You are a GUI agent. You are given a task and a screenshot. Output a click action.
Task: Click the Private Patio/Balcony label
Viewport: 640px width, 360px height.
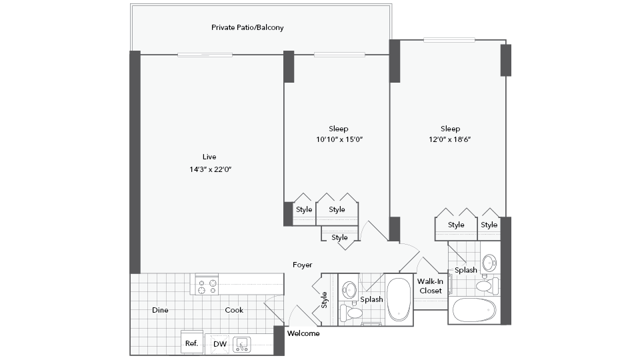coord(247,28)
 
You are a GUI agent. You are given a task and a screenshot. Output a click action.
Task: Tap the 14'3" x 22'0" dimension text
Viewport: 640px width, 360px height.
coord(210,169)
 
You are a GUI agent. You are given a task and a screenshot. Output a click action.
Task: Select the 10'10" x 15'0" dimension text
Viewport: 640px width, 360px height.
coord(339,139)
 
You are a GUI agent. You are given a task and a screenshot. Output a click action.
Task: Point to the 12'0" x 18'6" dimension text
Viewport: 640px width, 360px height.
coord(450,139)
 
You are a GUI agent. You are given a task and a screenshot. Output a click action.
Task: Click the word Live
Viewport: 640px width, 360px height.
coord(209,157)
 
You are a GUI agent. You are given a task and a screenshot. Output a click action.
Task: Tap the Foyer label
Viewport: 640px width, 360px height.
coord(303,265)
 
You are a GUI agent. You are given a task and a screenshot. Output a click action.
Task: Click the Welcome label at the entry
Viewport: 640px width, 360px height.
coord(303,333)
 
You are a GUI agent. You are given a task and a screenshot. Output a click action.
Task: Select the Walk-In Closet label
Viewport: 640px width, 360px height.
coord(430,286)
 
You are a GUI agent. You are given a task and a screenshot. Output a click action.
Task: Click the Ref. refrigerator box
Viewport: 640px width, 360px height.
coord(192,343)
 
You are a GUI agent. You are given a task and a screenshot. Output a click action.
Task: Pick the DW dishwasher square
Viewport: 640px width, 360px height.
coord(220,344)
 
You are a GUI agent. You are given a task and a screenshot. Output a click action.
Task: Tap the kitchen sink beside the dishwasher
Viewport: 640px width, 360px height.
coord(241,345)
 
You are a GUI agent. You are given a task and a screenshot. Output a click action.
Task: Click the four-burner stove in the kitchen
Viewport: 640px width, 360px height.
coord(207,285)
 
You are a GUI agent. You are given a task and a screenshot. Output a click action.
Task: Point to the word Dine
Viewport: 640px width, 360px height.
coord(160,310)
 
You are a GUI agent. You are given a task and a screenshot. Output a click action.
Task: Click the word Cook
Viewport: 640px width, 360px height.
coord(234,310)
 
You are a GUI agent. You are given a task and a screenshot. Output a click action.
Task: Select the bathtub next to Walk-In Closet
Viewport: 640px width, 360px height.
coord(399,299)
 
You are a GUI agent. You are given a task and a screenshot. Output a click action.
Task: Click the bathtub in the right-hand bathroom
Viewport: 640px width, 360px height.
coord(474,310)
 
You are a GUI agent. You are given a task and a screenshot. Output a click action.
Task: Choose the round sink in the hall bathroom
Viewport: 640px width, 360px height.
coord(349,289)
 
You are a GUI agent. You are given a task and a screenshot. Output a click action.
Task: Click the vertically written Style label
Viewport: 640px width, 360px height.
coord(324,299)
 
